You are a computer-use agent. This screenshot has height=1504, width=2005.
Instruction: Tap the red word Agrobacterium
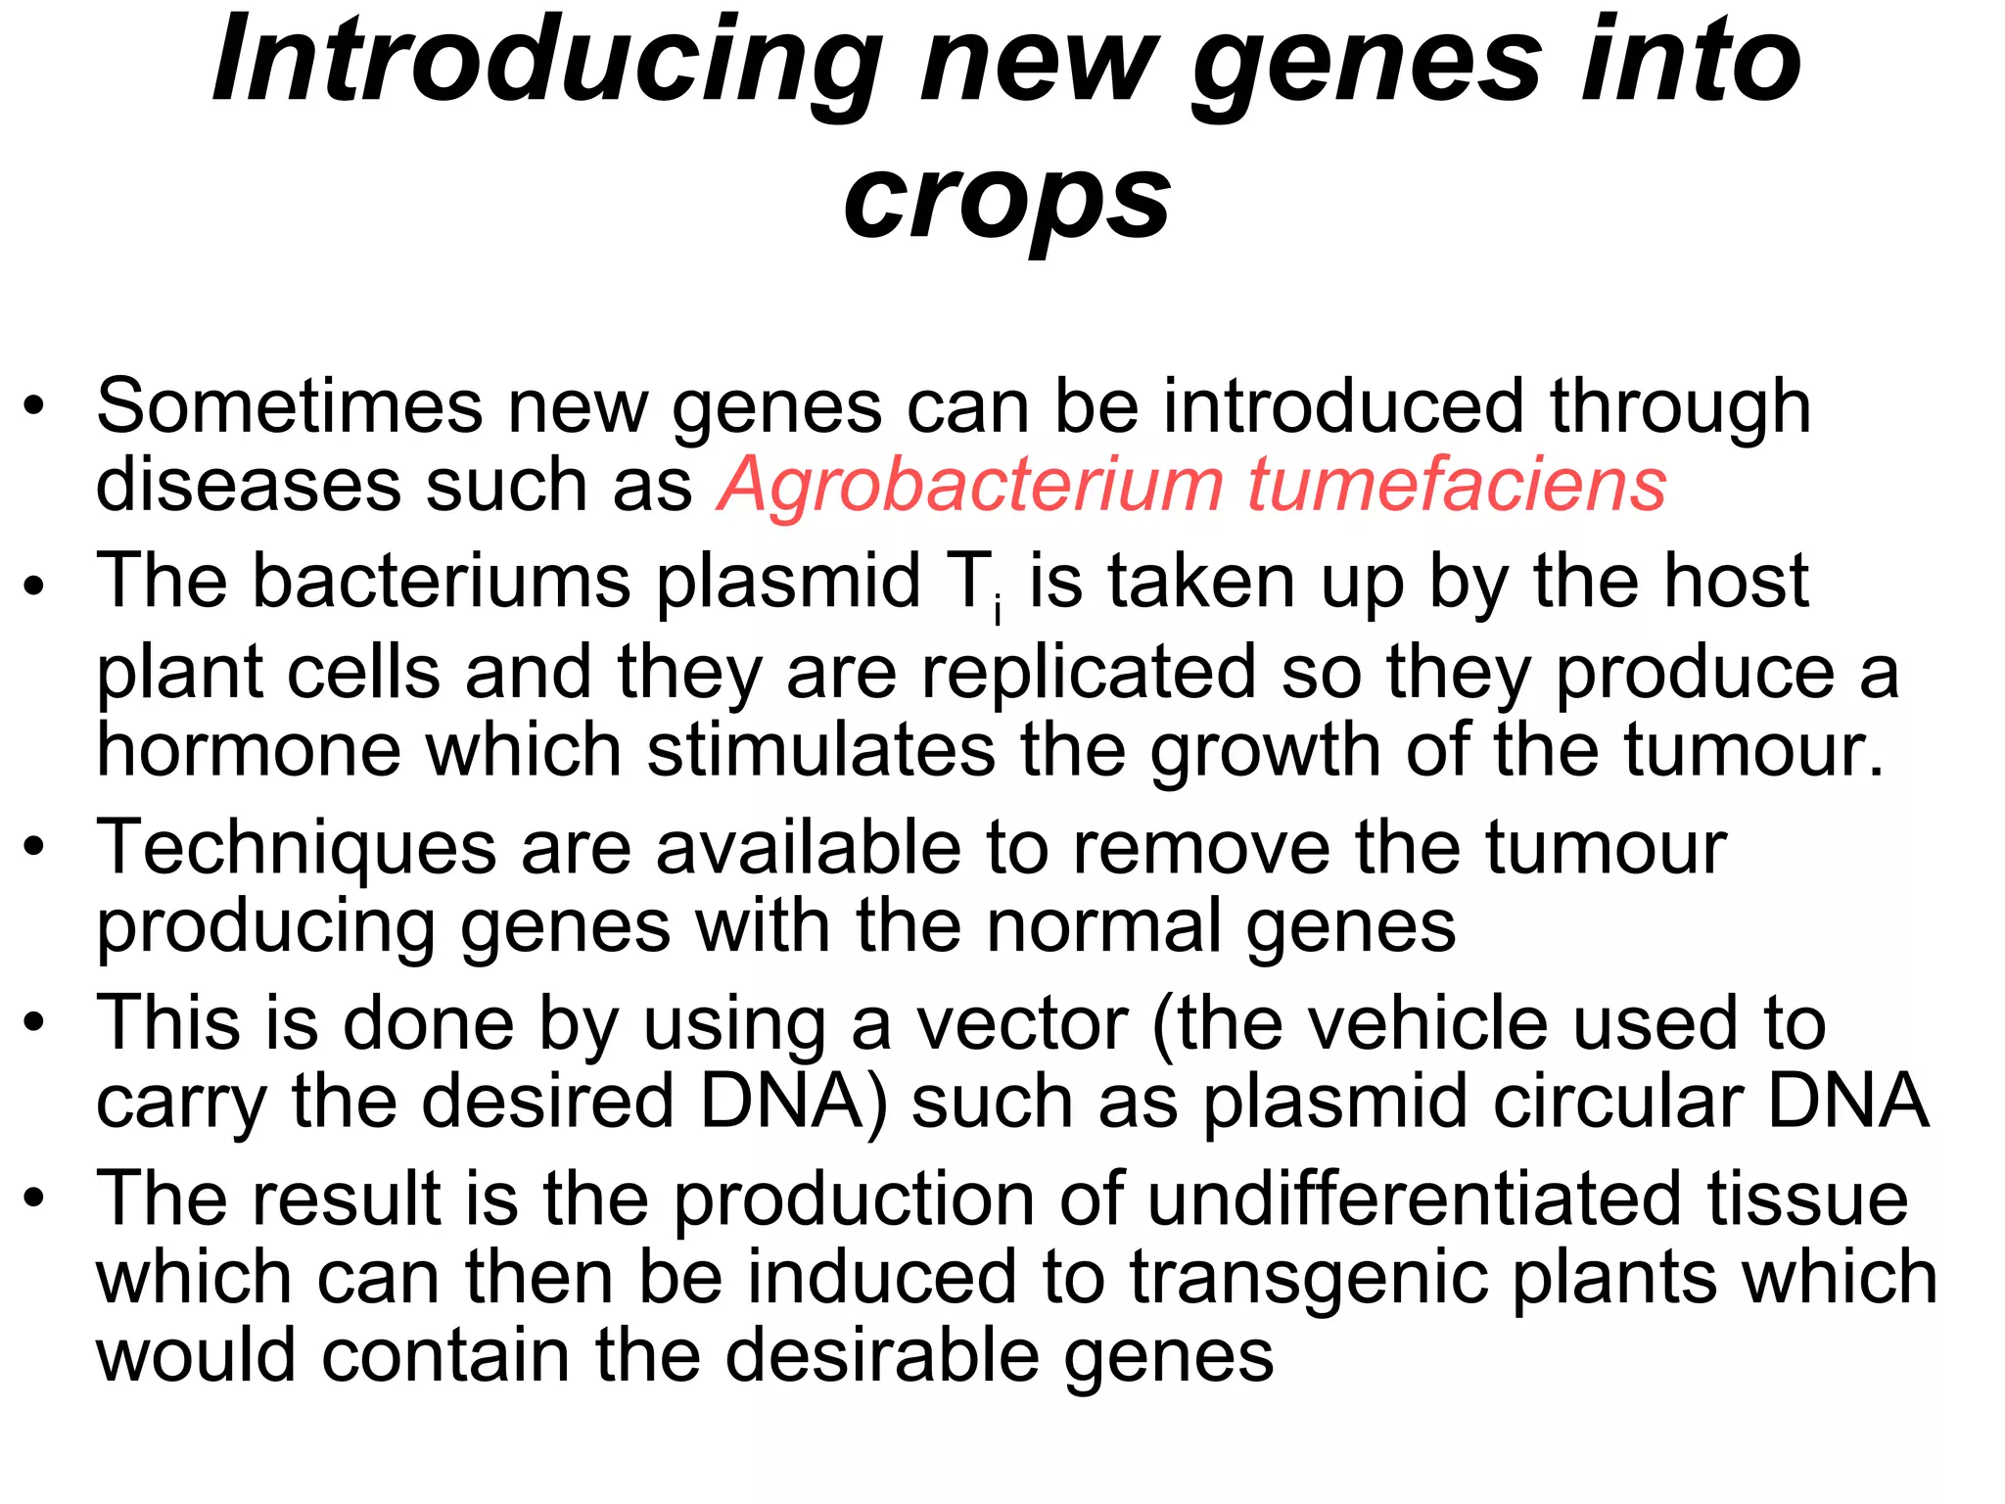tap(970, 485)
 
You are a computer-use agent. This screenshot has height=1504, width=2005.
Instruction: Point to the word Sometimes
tap(289, 406)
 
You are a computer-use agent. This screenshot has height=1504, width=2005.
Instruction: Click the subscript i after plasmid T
tap(998, 611)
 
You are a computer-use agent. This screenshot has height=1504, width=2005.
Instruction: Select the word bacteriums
tap(442, 582)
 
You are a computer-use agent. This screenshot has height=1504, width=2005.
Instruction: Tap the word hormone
tap(249, 751)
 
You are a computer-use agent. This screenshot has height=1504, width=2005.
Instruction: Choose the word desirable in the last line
tap(882, 1356)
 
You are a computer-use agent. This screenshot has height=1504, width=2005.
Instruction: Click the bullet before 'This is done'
tap(35, 1022)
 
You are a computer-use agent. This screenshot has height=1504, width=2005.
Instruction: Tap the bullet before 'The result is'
tap(35, 1198)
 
